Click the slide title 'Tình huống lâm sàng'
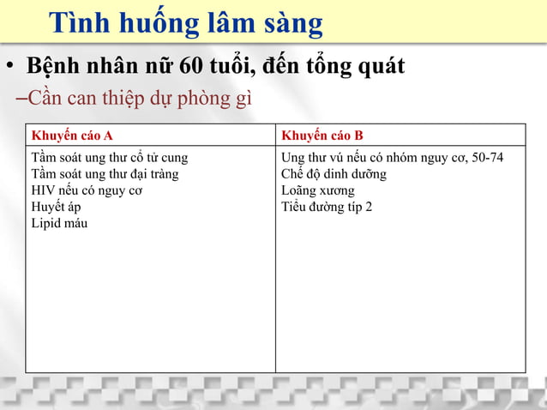(x=185, y=23)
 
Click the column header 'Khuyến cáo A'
(x=72, y=136)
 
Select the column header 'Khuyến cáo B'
(x=322, y=136)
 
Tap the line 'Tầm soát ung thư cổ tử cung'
(x=109, y=158)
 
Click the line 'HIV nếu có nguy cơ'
(x=87, y=190)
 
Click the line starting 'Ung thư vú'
(x=392, y=158)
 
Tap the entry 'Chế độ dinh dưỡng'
(x=334, y=174)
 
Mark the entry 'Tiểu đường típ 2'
(x=327, y=207)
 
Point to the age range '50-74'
(x=488, y=158)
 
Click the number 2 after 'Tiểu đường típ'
(x=369, y=207)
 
